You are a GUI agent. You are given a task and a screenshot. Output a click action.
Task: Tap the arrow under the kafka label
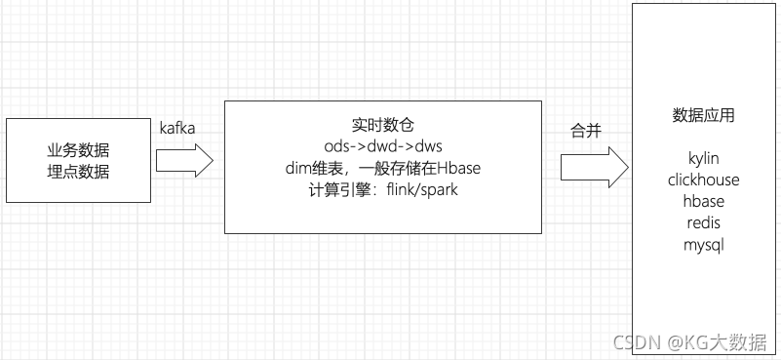coord(184,160)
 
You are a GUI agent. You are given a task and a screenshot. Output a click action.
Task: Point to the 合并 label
coord(586,132)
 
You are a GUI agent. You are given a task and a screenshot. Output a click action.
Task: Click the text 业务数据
coord(78,152)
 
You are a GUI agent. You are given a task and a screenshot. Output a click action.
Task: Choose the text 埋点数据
coord(78,173)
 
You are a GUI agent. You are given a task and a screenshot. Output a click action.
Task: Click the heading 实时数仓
coord(383,126)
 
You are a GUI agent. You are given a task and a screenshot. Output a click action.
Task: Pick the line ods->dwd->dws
coord(383,146)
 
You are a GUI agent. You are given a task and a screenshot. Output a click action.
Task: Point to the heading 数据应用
coord(704,116)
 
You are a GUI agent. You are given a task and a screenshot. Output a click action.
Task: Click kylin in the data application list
coord(704,158)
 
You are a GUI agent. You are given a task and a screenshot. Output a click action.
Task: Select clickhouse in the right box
coord(704,180)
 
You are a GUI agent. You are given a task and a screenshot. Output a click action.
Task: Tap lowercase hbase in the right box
coord(704,201)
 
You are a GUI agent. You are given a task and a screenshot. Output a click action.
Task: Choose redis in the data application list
coord(704,222)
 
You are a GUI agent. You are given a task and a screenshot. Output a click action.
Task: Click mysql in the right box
coord(704,244)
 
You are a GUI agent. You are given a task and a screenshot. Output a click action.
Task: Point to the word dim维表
coord(305,168)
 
